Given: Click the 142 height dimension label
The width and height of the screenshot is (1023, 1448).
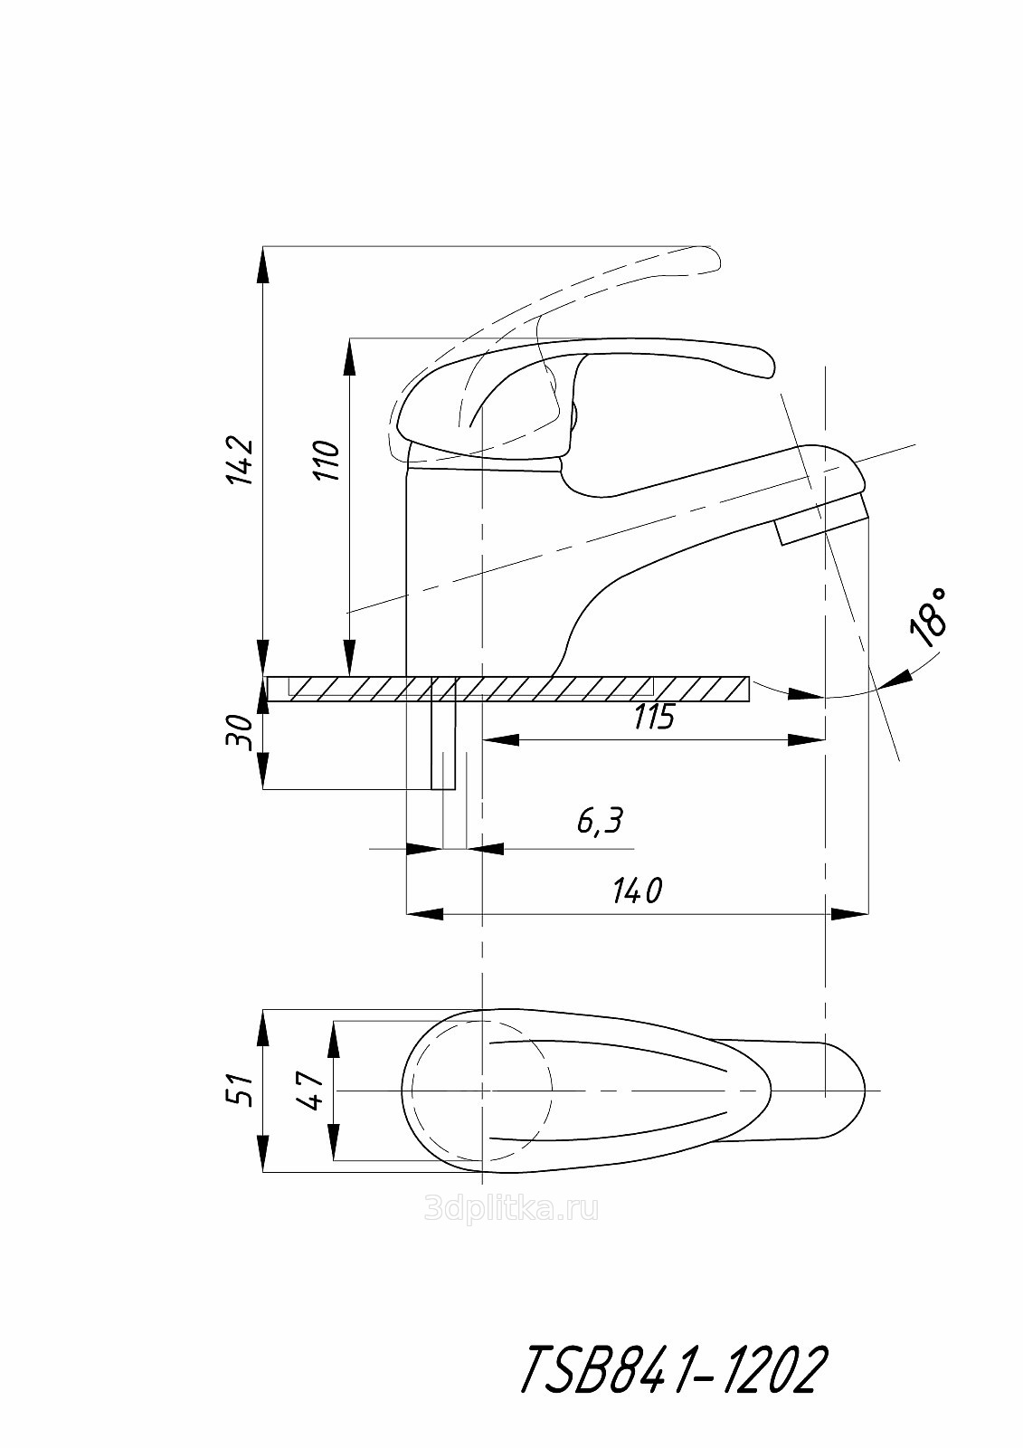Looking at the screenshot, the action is [238, 461].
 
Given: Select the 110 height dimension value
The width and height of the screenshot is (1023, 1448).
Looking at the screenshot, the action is [325, 461].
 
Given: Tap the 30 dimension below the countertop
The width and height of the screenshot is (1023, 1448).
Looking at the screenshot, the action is [238, 732].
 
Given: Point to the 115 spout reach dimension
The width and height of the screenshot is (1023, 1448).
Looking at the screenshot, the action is [653, 716].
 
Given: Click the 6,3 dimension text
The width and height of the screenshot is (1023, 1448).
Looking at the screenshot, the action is [600, 821].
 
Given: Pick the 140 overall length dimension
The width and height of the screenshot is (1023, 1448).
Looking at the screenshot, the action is [637, 892].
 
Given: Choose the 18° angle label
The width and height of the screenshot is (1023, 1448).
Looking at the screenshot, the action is [928, 617].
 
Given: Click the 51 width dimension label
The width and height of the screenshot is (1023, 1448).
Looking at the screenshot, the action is [239, 1090].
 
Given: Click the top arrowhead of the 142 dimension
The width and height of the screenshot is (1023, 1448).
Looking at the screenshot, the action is [263, 264].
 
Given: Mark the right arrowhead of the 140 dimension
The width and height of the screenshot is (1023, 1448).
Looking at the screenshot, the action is [848, 915].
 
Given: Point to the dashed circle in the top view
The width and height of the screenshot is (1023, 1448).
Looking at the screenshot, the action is [481, 1091].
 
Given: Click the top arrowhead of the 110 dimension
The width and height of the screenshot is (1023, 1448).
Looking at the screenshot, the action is [350, 357].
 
